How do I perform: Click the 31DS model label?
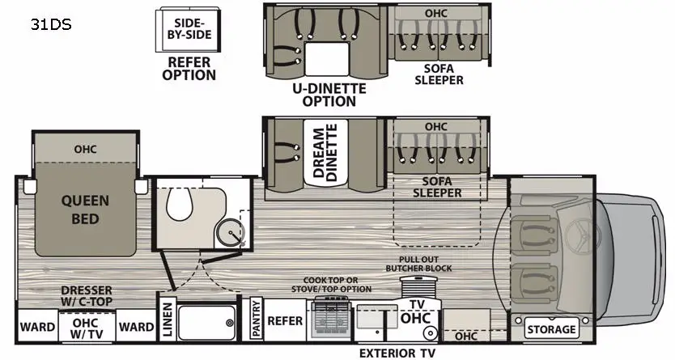tap(51, 24)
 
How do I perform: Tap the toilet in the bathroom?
tap(180, 204)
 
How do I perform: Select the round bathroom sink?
tap(231, 231)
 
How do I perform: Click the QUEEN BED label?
tap(85, 210)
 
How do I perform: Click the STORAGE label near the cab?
tap(551, 329)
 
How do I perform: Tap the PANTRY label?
tap(256, 318)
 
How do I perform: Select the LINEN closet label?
tap(168, 319)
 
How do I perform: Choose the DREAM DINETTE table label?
tap(325, 153)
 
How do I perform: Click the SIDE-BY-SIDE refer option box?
tap(188, 29)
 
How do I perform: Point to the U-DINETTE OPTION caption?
tap(329, 95)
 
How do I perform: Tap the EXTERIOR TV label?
tap(397, 353)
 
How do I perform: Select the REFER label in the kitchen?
tap(285, 321)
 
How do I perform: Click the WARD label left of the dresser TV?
tap(37, 327)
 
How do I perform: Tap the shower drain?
tap(230, 323)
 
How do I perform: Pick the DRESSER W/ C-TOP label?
tap(87, 296)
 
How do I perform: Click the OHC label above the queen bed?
tap(85, 149)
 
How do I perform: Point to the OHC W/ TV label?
tap(87, 328)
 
